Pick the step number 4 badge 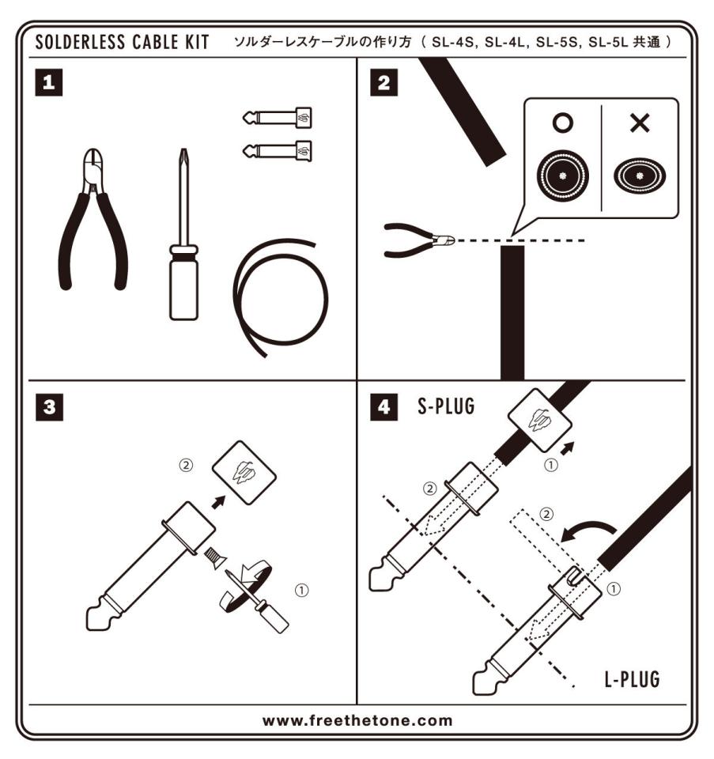pyautogui.click(x=385, y=409)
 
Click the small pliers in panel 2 pyautogui.click(x=416, y=240)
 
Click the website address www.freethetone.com pyautogui.click(x=357, y=719)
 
